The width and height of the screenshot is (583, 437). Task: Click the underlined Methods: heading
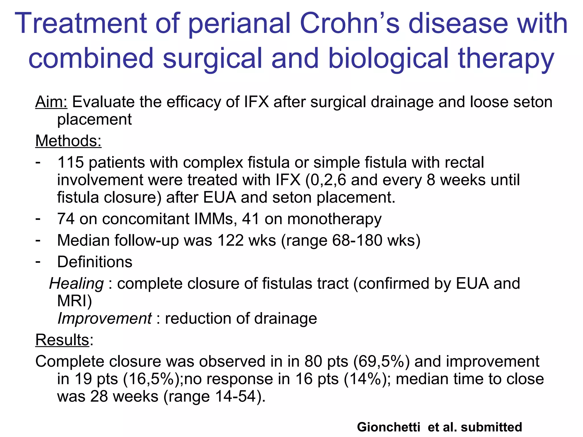tap(68, 141)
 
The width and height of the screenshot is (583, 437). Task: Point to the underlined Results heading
tap(62, 340)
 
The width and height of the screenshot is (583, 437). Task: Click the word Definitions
tap(95, 262)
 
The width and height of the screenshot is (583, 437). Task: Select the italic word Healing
tap(76, 284)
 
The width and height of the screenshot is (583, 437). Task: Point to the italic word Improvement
tap(104, 318)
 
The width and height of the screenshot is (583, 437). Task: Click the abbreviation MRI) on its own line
tap(75, 301)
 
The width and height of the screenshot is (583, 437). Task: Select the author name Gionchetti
tap(389, 427)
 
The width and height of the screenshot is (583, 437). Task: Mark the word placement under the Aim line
tap(95, 119)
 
